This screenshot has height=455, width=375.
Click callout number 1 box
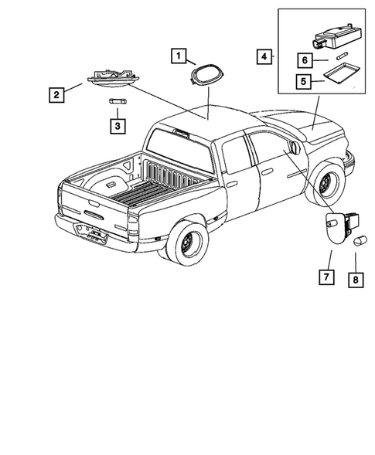[179, 56]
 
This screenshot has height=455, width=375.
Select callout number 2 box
[56, 96]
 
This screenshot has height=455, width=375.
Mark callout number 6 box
[303, 59]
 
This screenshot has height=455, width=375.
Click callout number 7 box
[326, 276]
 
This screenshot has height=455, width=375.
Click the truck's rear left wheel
[186, 243]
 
